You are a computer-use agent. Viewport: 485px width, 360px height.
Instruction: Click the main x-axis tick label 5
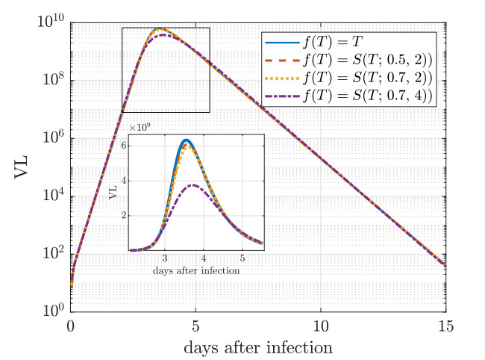(195, 326)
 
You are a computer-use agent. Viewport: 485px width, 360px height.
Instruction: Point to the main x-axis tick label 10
(321, 326)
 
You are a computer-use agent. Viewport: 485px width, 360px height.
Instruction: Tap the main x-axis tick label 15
(445, 326)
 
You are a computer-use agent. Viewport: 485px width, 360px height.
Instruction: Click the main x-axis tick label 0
(71, 326)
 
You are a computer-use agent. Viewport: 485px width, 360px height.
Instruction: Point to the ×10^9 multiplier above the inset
(140, 128)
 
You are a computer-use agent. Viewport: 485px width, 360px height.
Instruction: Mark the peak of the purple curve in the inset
(193, 184)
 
